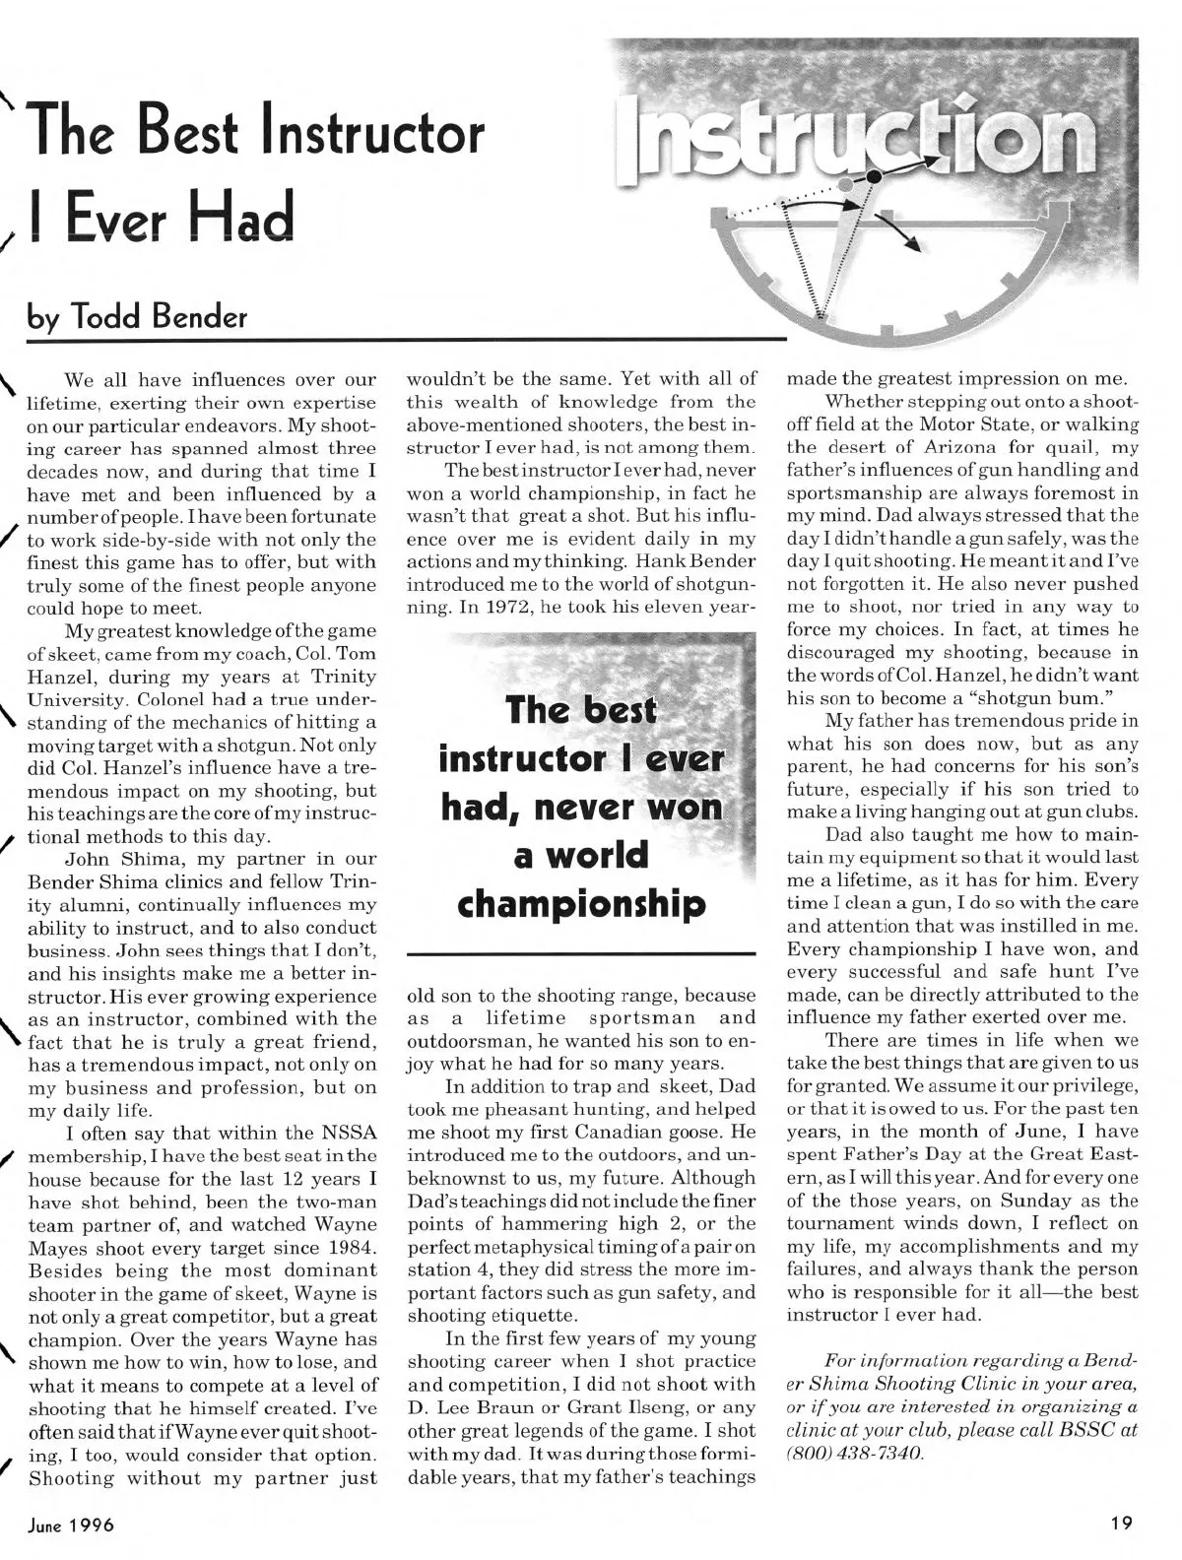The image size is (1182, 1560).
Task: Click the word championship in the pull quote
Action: point(581,903)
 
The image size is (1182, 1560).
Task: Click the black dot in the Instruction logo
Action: point(874,175)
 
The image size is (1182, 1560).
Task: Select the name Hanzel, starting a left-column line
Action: point(61,677)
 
